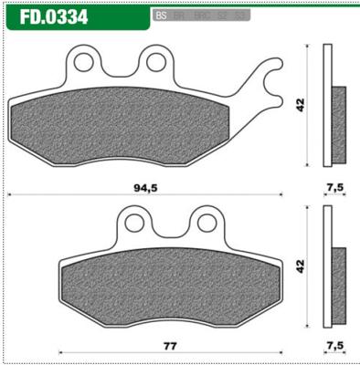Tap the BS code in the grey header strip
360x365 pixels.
161,16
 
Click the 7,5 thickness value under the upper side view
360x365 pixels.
334,188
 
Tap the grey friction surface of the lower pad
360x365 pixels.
169,283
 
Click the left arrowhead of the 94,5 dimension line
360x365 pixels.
10,194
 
